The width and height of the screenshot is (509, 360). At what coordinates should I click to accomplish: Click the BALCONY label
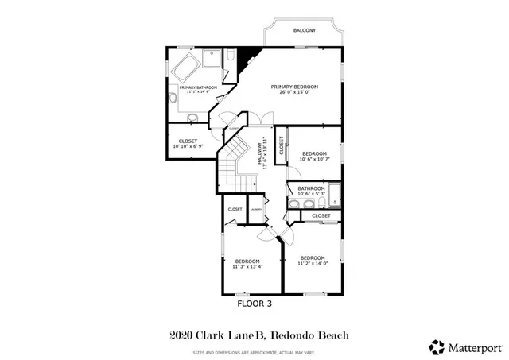304,30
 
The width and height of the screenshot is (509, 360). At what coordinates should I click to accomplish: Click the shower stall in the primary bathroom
212,59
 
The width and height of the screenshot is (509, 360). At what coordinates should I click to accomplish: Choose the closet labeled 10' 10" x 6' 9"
188,144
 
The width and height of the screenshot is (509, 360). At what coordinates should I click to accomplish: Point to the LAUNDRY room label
255,210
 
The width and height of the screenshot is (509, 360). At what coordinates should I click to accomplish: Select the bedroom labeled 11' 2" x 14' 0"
312,260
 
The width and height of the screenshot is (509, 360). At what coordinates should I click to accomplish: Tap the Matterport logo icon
437,346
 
